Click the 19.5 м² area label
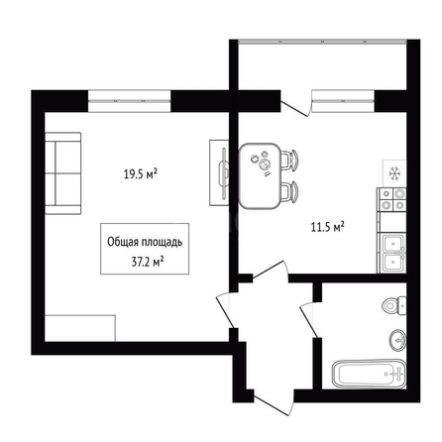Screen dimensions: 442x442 (x=140, y=173)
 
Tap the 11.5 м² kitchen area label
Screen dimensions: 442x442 (x=328, y=227)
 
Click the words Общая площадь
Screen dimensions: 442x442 (x=145, y=242)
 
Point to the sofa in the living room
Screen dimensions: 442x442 (x=62, y=173)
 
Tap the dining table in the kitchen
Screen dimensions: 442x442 (x=260, y=175)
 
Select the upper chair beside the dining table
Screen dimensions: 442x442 (x=289, y=160)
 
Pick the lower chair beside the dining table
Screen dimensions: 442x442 (x=289, y=192)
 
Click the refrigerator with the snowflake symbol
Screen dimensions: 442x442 (x=394, y=173)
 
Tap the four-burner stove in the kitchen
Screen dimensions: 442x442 (x=392, y=199)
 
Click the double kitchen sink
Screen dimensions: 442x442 (x=393, y=253)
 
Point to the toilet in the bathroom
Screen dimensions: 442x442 (x=394, y=305)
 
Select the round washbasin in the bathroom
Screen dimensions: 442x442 (x=398, y=340)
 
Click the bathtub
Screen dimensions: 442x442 (x=370, y=374)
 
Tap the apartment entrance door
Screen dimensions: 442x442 (x=274, y=403)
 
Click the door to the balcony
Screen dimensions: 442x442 (x=296, y=105)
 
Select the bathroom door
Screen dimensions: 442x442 (x=311, y=320)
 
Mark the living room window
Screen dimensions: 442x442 (x=130, y=101)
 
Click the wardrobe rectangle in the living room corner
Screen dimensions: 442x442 (x=80, y=328)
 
